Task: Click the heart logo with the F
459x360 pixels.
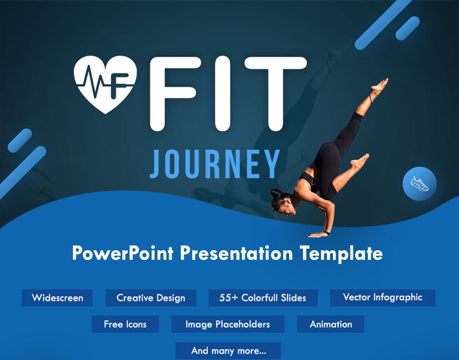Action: (105, 84)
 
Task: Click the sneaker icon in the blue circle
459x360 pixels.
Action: (419, 184)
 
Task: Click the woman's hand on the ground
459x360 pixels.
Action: (317, 234)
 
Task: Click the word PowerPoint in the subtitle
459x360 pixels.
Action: (123, 253)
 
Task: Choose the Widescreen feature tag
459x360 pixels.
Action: (57, 298)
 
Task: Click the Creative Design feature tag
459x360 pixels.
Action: (151, 298)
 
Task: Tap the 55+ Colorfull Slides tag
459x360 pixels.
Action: (263, 298)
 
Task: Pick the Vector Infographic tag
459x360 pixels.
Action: (383, 297)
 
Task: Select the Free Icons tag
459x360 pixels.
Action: (125, 324)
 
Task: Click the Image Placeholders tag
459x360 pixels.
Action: (228, 324)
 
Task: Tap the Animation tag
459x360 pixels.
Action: (330, 324)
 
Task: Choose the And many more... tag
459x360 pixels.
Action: (228, 351)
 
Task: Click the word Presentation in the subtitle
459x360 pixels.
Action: (236, 253)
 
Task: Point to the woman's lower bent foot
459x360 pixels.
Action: (360, 161)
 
